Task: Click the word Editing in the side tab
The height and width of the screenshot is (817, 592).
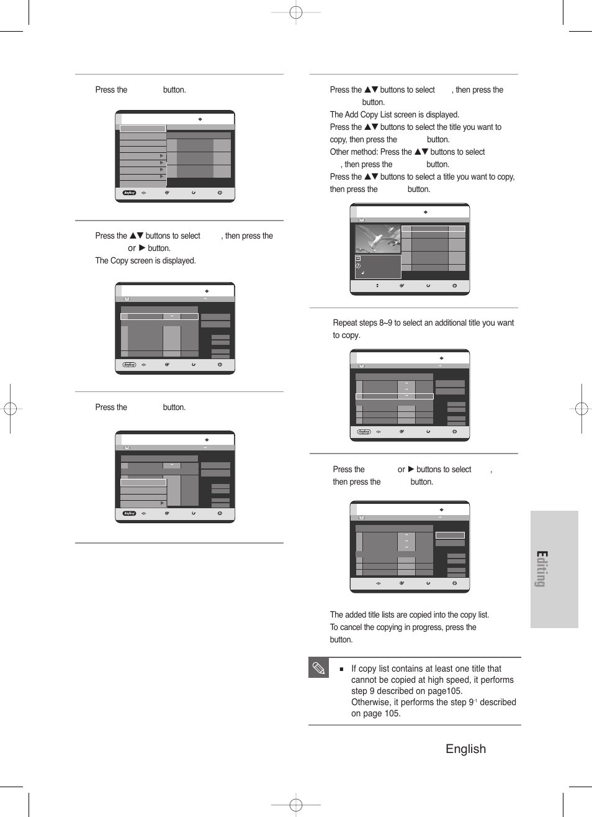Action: pyautogui.click(x=541, y=568)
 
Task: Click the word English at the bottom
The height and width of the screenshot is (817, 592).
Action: pyautogui.click(x=465, y=749)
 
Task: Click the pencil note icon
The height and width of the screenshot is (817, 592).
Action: pyautogui.click(x=318, y=668)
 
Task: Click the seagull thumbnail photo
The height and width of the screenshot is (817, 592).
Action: pyautogui.click(x=377, y=239)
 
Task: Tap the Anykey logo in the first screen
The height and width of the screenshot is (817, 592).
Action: pyautogui.click(x=129, y=193)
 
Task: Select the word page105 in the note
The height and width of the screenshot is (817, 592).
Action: pyautogui.click(x=446, y=691)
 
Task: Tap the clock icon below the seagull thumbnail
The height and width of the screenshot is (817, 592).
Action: pyautogui.click(x=358, y=266)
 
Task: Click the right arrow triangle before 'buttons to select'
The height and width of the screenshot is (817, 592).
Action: pyautogui.click(x=411, y=469)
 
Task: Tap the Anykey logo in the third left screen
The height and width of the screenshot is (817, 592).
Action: pyautogui.click(x=129, y=513)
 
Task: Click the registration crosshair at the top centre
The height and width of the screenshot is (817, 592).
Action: pyautogui.click(x=296, y=12)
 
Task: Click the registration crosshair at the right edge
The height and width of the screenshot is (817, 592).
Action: pyautogui.click(x=581, y=408)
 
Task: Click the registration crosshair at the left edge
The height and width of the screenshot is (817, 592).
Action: pyautogui.click(x=10, y=408)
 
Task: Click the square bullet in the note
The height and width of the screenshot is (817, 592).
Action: pyautogui.click(x=341, y=669)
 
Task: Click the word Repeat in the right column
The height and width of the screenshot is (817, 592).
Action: pyautogui.click(x=346, y=322)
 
